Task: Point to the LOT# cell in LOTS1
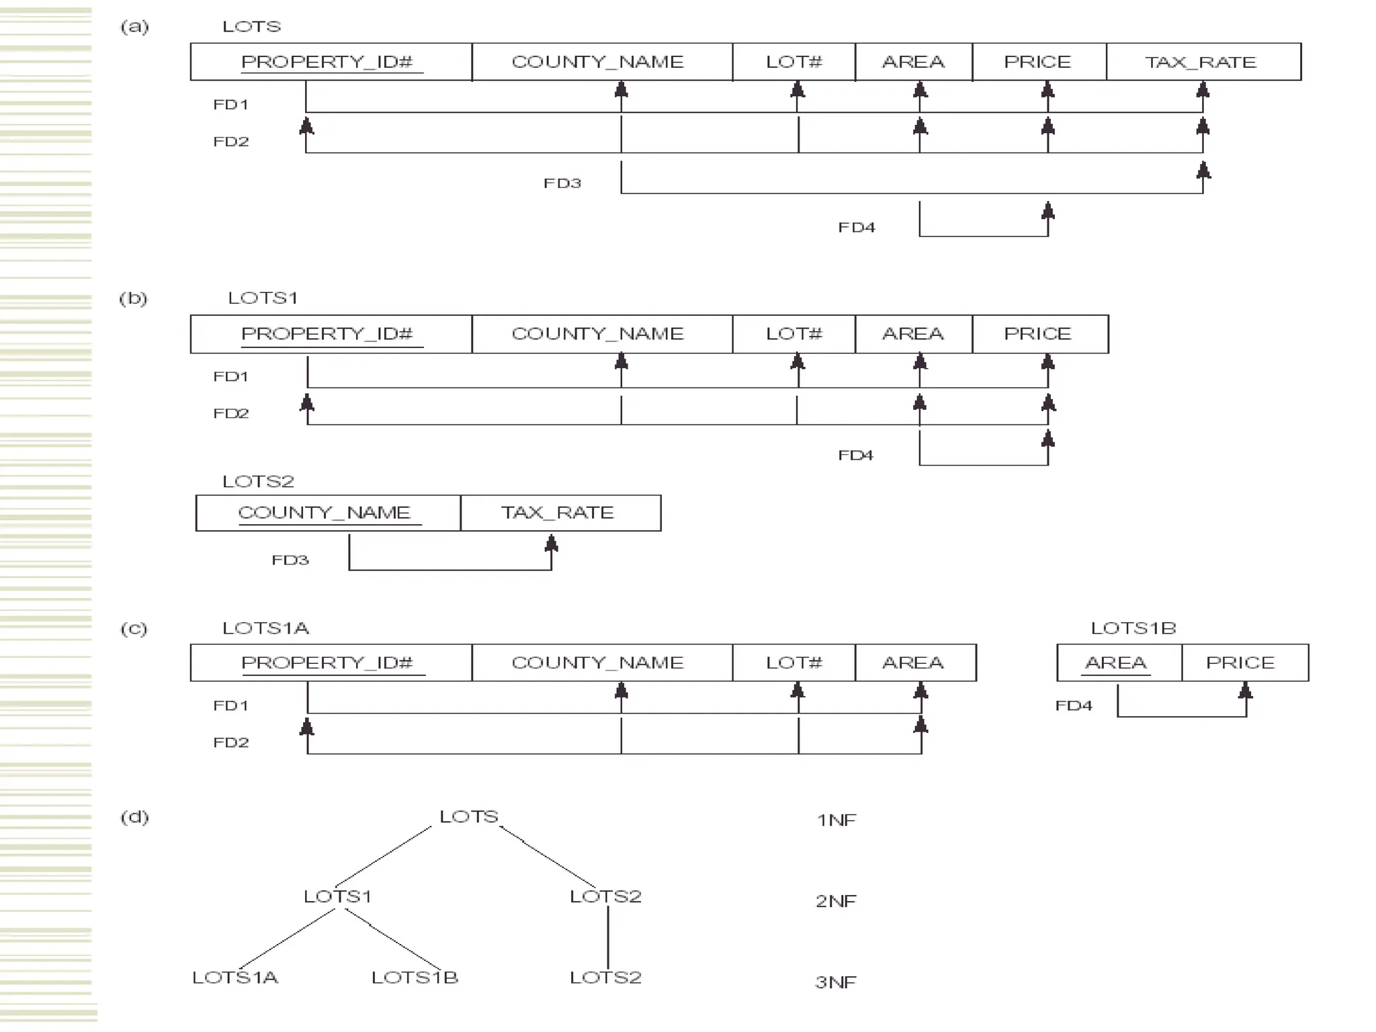click(793, 334)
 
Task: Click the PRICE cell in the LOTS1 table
click(1039, 334)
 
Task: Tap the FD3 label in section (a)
click(562, 183)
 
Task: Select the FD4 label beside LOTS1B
click(1074, 705)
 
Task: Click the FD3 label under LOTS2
click(290, 560)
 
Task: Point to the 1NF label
click(836, 820)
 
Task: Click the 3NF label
click(836, 982)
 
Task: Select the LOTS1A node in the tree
click(235, 978)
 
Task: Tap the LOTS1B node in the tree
click(415, 978)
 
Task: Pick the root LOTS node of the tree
click(469, 816)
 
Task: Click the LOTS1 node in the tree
click(337, 896)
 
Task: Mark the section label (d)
click(134, 817)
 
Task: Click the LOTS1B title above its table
click(1133, 628)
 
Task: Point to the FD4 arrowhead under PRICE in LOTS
click(1047, 212)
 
